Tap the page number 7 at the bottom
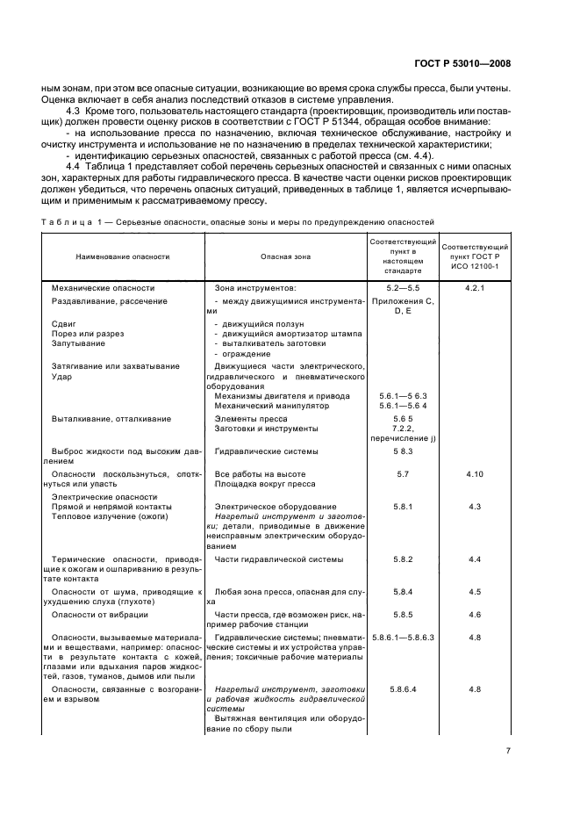[x=509, y=750]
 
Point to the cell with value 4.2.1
[x=475, y=287]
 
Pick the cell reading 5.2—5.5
[x=403, y=287]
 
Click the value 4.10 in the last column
[x=475, y=473]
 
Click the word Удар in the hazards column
[x=61, y=376]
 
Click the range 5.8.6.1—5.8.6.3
[x=403, y=635]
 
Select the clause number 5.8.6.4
[x=403, y=689]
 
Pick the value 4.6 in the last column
[x=475, y=614]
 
